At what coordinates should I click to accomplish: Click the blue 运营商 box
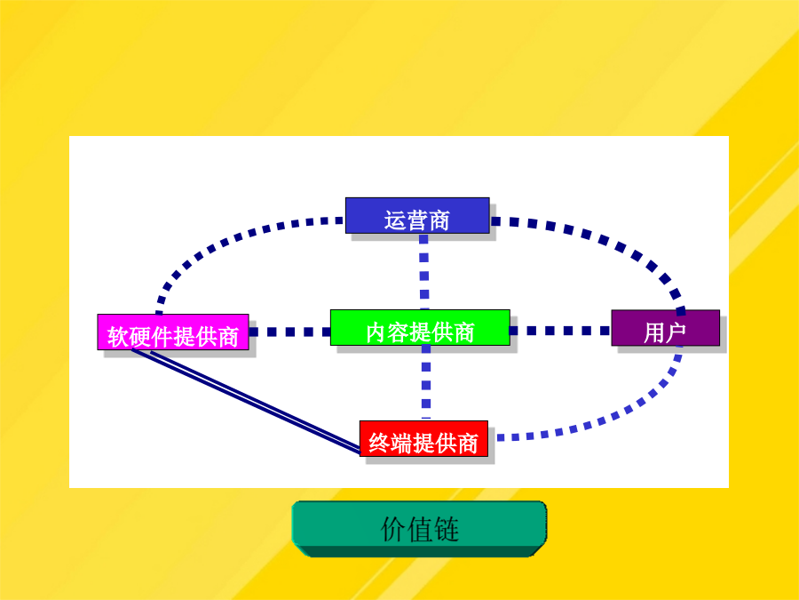tap(417, 216)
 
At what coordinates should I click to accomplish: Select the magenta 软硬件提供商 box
tap(173, 332)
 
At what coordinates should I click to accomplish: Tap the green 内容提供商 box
tap(420, 327)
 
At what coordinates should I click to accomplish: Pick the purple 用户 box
tap(666, 327)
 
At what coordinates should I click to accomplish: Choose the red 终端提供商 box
tap(424, 439)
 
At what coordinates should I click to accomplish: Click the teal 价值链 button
tap(419, 529)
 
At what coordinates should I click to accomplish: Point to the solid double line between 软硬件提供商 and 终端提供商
tap(246, 401)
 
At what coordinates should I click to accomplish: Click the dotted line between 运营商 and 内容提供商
tap(424, 272)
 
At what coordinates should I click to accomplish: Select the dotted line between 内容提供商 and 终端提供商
tap(426, 382)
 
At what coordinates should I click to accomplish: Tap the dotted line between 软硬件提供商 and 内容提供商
tap(289, 332)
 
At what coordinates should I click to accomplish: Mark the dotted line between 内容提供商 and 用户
tap(560, 331)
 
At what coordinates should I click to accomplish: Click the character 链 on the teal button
tap(447, 529)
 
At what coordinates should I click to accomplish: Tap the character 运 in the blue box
tap(395, 221)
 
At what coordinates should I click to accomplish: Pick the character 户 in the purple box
tap(676, 332)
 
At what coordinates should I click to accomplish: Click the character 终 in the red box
tap(380, 444)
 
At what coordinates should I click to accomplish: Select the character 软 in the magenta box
tap(118, 337)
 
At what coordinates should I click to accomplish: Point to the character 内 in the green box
tap(376, 332)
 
